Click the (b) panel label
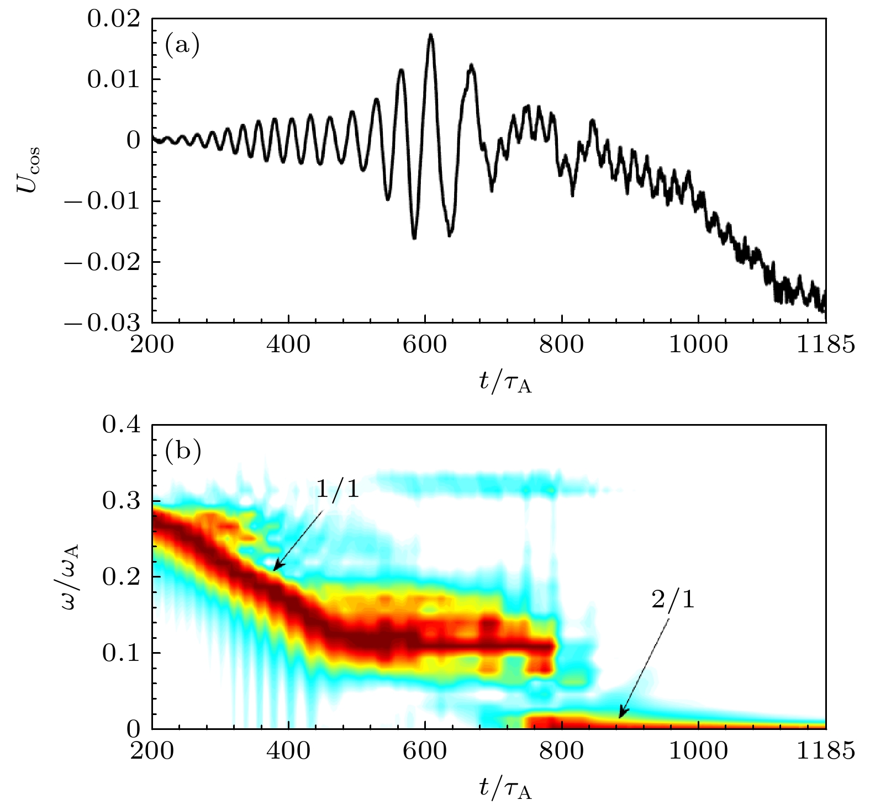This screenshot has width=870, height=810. coord(183,451)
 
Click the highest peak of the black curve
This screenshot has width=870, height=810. coord(431,35)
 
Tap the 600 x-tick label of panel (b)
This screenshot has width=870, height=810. coord(425,751)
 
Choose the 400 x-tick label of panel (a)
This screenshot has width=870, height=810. coord(288,345)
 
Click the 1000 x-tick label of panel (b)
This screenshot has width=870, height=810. coord(698,751)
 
